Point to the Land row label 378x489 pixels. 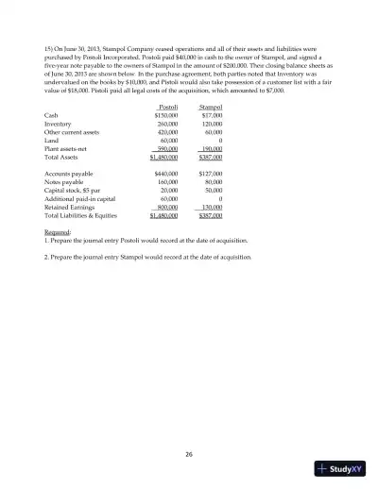[x=52, y=167]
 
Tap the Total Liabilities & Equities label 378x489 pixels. [x=83, y=243]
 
